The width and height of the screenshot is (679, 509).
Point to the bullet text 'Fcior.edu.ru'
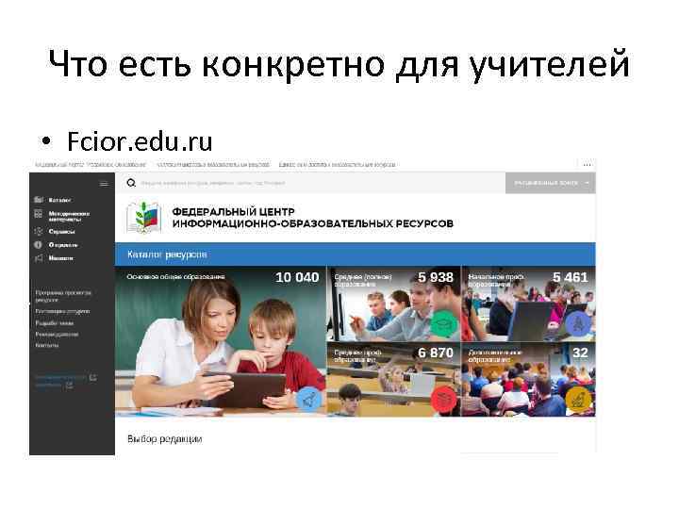tap(140, 141)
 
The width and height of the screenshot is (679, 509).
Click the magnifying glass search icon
tap(133, 183)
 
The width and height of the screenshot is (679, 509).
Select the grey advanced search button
tap(551, 183)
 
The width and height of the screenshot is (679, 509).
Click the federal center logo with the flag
tap(144, 218)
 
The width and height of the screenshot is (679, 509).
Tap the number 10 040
tap(297, 277)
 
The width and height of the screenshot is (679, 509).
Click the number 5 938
tap(436, 277)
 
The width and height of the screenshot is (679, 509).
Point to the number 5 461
tap(570, 277)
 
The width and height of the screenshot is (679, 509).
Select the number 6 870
tap(436, 353)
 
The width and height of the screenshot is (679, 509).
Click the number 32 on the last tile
tap(580, 353)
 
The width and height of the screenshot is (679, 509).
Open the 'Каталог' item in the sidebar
tap(58, 200)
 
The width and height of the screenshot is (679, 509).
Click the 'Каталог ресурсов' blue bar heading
tap(161, 254)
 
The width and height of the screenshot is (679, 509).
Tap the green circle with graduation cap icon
tap(442, 324)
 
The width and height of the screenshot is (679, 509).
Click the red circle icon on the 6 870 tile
tap(442, 400)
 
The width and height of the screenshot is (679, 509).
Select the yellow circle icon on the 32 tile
tap(578, 400)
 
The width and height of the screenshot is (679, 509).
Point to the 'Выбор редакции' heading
tap(164, 438)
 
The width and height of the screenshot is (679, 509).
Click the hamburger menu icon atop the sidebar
tap(39, 183)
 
